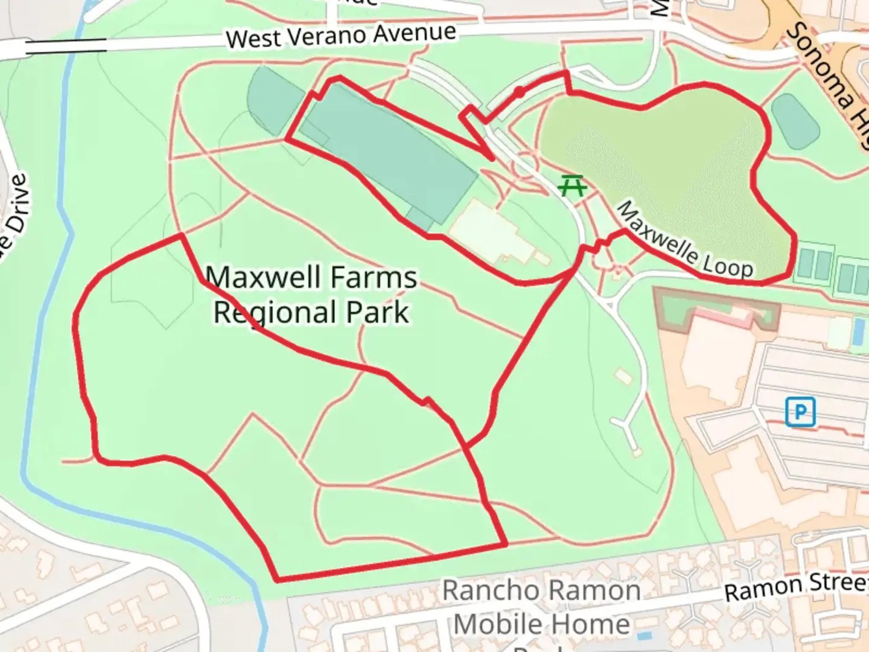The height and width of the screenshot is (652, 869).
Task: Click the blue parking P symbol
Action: [800, 412]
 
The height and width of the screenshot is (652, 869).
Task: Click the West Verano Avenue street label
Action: [341, 36]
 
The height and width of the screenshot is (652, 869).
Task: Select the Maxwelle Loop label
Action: [685, 241]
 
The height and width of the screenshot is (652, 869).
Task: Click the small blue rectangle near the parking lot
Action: [858, 330]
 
